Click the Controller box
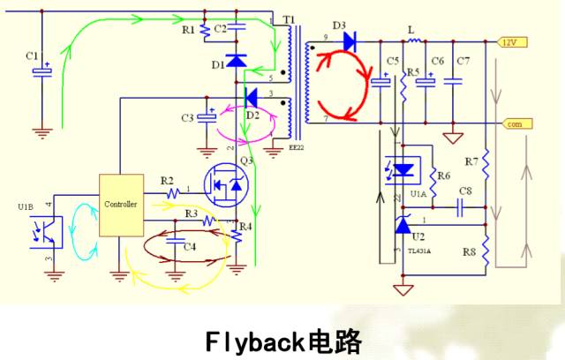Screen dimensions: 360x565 coord(121,204)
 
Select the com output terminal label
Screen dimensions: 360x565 coord(513,124)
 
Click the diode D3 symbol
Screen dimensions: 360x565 coord(349,40)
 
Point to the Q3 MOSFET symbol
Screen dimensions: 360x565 coord(227,186)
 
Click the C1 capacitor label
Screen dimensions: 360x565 coord(33,56)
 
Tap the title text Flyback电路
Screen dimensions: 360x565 coord(282,339)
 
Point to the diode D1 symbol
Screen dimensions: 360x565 coord(236,61)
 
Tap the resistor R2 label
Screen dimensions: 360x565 coord(167,181)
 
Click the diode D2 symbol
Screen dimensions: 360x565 coord(251,97)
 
